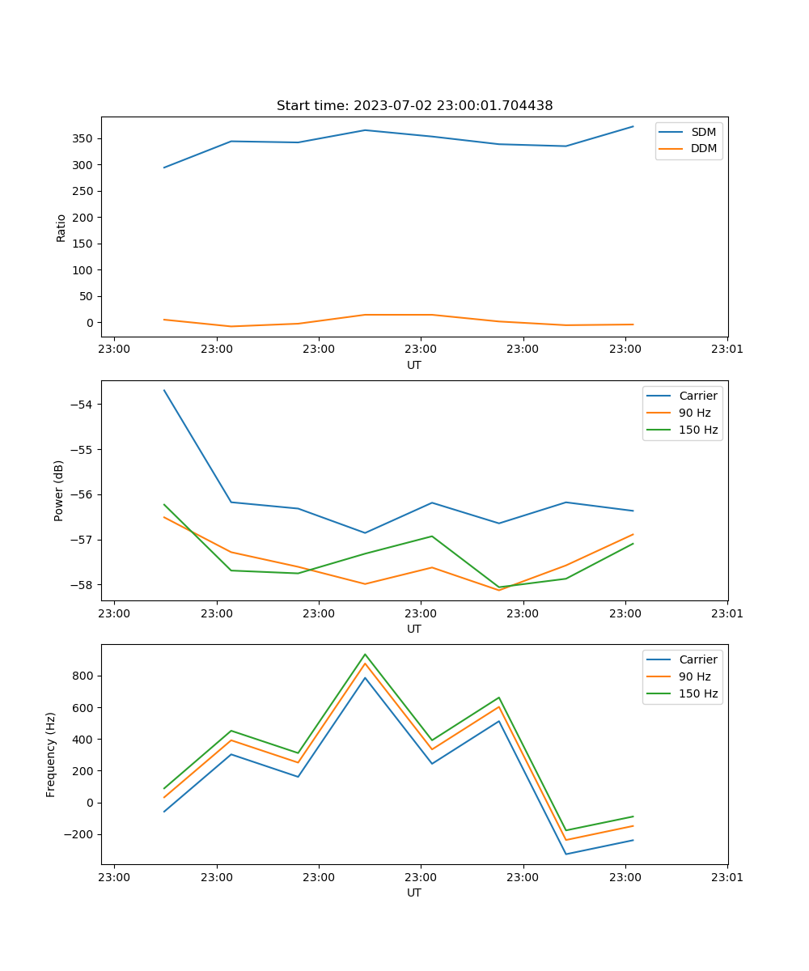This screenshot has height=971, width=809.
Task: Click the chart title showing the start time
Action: [x=414, y=106]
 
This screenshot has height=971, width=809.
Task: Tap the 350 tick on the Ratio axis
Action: [x=84, y=138]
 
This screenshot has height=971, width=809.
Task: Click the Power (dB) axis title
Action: [x=59, y=490]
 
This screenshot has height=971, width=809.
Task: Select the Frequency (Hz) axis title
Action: [x=51, y=754]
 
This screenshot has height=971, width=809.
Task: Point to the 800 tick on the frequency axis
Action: [x=84, y=676]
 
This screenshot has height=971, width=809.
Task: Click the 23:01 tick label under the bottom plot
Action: [x=727, y=877]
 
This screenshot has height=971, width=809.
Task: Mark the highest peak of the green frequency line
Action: [x=365, y=654]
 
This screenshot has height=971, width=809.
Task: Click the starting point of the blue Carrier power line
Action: [x=164, y=390]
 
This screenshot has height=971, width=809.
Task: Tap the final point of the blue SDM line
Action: [x=633, y=126]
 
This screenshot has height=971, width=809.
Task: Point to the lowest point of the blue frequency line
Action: [x=565, y=854]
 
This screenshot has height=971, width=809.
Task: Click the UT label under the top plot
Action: [x=414, y=365]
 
